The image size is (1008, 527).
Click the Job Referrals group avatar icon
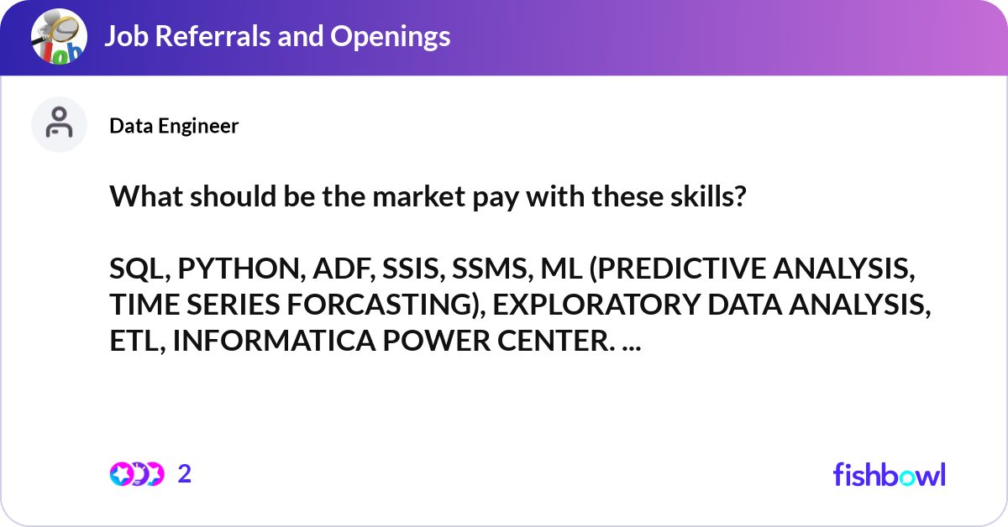[x=59, y=36]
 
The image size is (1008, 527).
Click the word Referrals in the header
[x=213, y=36]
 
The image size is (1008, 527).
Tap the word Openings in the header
[x=390, y=37]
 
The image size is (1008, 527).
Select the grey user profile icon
[x=59, y=124]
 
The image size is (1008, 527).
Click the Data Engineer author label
[x=174, y=126]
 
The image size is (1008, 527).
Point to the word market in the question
[x=418, y=196]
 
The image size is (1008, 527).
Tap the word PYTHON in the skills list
[x=239, y=269]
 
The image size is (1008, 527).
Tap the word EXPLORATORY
[x=596, y=305]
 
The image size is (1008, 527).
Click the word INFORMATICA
[x=274, y=341]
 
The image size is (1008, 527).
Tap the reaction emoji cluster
[x=137, y=474]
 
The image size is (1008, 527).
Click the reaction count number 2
[x=185, y=473]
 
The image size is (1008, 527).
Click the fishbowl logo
[x=890, y=475]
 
